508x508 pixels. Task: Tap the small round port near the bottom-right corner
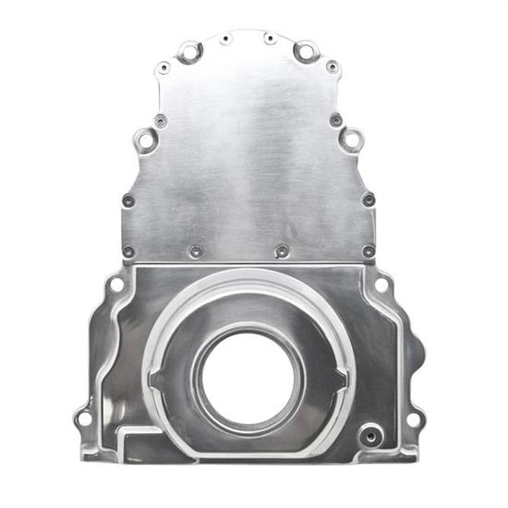point(370,433)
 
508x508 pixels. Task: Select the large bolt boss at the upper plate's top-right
point(306,52)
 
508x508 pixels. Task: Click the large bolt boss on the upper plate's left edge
point(145,139)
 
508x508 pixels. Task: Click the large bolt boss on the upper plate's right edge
point(351,139)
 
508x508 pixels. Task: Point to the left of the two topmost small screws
point(226,38)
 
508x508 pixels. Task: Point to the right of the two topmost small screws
point(270,38)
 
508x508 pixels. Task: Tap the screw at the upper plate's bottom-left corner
point(128,250)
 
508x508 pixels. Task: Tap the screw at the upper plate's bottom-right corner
point(369,250)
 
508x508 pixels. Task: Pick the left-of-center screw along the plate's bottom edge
point(196,250)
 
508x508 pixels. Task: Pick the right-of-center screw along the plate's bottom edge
point(283,250)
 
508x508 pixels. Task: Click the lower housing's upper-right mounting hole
point(381,285)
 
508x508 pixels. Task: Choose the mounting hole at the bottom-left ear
point(84,418)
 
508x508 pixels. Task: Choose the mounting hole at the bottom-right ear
point(413,418)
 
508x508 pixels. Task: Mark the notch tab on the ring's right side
point(343,377)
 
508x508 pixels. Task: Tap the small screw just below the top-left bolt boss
point(163,67)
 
